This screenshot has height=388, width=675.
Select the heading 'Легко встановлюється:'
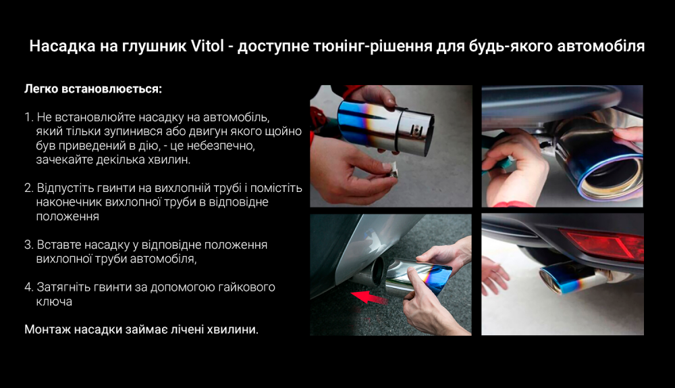[x=93, y=89]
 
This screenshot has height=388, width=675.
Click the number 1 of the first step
[x=28, y=117]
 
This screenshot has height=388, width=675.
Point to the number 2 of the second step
[x=28, y=188]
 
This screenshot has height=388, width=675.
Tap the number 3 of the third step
[x=28, y=245]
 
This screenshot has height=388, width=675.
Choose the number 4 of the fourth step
[x=28, y=287]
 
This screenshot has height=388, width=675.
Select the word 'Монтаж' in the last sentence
[x=48, y=330]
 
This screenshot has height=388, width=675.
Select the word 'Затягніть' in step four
[x=63, y=287]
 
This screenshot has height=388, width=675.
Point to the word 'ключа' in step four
[x=54, y=301]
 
